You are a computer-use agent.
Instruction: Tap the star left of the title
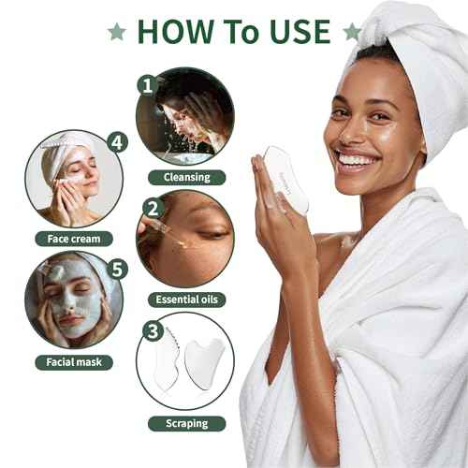point(117,32)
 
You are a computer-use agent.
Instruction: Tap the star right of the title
point(352,32)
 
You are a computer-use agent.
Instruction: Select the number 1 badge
point(145,84)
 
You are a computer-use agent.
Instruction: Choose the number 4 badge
point(117,143)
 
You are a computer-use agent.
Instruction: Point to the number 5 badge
point(117,270)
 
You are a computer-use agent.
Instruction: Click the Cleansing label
point(185,176)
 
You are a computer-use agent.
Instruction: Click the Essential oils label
point(185,300)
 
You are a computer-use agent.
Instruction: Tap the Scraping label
point(185,423)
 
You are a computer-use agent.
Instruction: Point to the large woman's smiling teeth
point(356,159)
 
